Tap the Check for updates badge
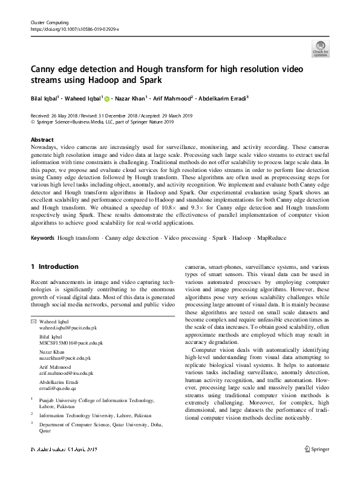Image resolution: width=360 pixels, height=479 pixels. pos(320,48)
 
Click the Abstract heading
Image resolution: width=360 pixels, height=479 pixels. pos(42,139)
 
